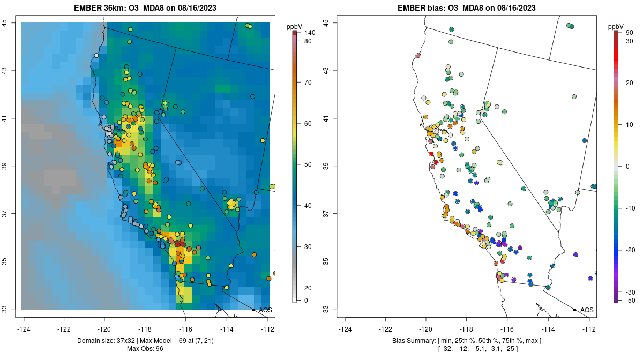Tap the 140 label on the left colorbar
click(x=309, y=33)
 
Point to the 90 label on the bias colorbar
click(x=629, y=33)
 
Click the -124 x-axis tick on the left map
click(x=24, y=329)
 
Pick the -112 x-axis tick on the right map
click(x=589, y=329)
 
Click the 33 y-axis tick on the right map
click(x=325, y=309)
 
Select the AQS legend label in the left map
click(x=265, y=310)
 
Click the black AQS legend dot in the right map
click(x=574, y=310)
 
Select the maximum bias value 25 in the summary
click(x=514, y=349)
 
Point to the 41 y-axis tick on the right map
click(x=325, y=118)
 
